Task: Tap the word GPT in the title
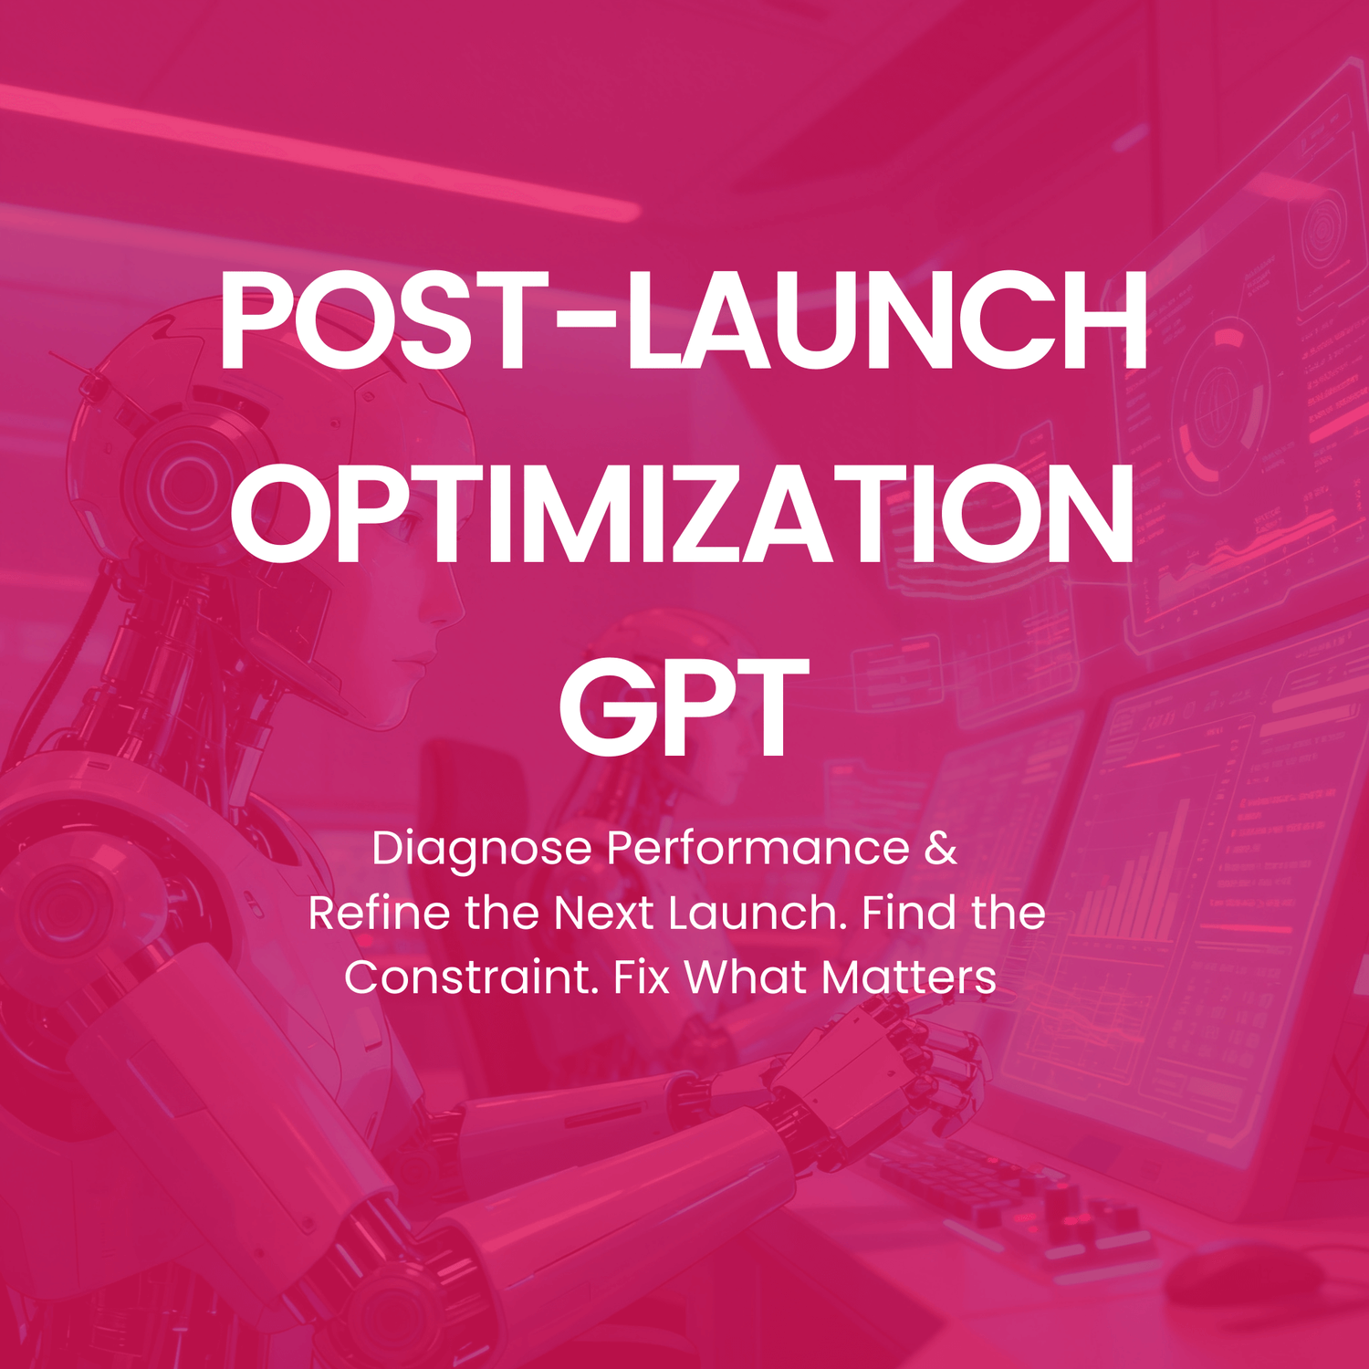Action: (x=683, y=707)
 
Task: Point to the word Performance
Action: (x=758, y=848)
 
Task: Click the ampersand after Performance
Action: (x=941, y=848)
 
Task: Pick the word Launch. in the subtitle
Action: (x=758, y=913)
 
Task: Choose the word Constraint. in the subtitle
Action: (x=471, y=977)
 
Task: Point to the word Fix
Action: (x=642, y=977)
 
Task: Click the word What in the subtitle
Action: (x=747, y=977)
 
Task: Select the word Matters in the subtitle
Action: (x=908, y=977)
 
